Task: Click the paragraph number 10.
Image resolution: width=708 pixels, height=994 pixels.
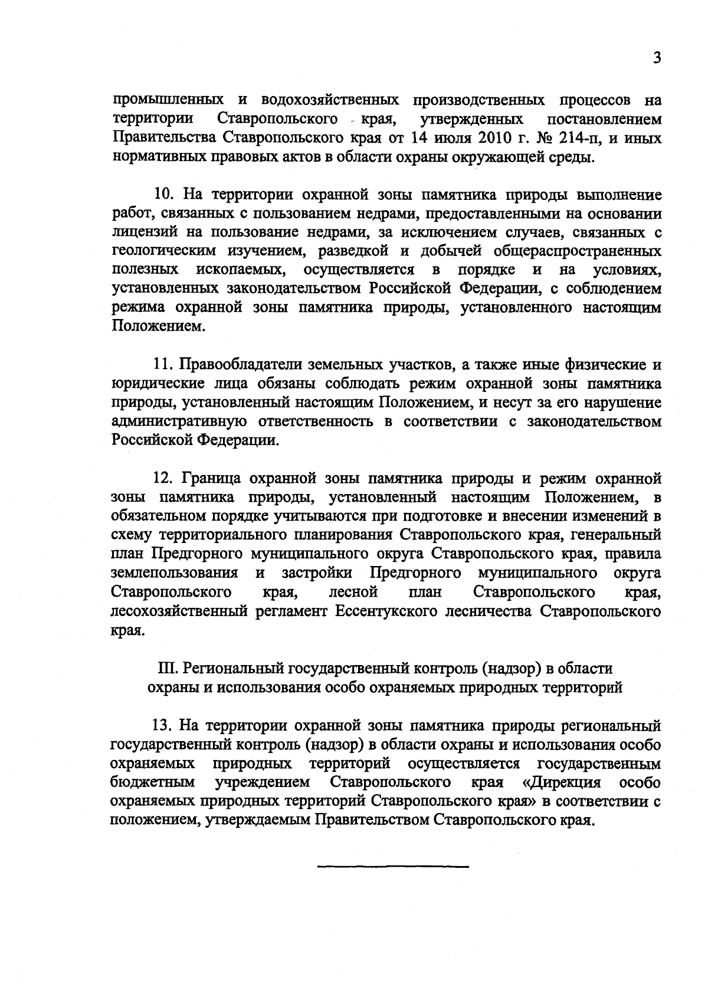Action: coord(161,195)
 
